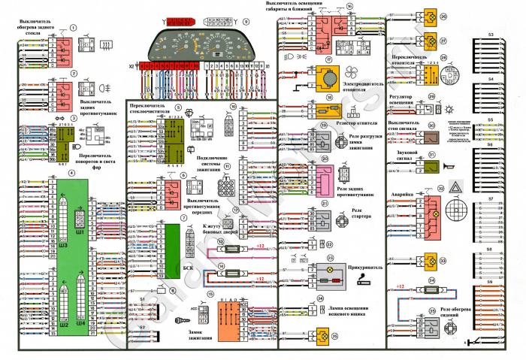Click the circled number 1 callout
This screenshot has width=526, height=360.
click(74, 28)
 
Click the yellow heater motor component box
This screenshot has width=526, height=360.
click(329, 77)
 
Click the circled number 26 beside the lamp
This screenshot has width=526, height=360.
click(443, 15)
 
